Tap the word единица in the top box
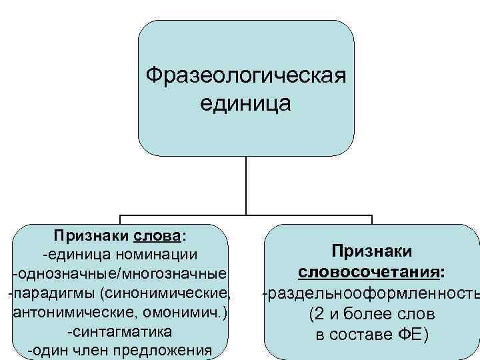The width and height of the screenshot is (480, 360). tap(246, 104)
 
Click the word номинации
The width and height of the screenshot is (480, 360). tap(163, 255)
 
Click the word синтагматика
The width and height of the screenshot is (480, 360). tap(120, 331)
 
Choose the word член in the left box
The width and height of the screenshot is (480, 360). tap(103, 351)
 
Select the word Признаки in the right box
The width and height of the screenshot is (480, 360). tap(372, 251)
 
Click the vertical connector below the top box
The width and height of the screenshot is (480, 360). tap(246, 186)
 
